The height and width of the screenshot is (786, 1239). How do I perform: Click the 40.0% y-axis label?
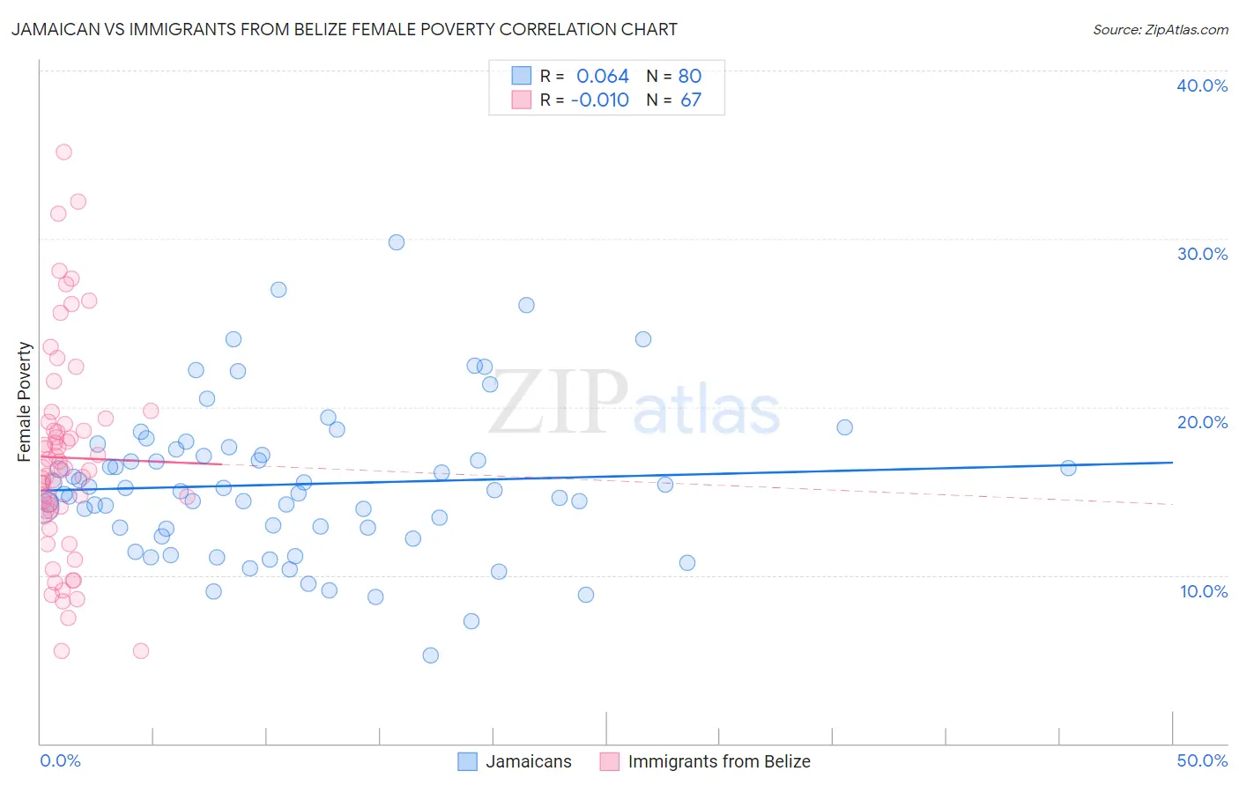[x=1202, y=85]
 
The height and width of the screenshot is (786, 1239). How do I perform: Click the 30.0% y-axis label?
[x=1202, y=254]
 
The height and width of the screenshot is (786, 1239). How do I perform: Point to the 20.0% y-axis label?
[x=1202, y=422]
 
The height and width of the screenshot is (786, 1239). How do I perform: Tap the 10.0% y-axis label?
[x=1202, y=591]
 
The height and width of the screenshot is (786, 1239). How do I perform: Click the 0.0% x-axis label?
[x=60, y=760]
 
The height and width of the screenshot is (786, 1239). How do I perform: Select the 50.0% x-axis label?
[x=1202, y=760]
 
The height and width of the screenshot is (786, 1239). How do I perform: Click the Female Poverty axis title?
[x=25, y=402]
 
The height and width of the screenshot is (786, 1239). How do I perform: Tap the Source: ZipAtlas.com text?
[x=1160, y=30]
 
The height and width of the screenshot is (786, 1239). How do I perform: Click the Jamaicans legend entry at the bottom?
[x=528, y=761]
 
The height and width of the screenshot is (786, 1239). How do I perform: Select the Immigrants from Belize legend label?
[x=718, y=761]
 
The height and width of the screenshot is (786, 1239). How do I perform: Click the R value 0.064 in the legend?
[x=603, y=76]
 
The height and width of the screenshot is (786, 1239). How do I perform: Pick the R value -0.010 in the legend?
[x=600, y=100]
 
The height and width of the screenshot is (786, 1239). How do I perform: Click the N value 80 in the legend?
[x=690, y=76]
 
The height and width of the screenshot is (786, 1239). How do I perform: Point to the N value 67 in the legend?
[x=690, y=100]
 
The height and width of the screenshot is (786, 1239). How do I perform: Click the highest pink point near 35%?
[x=63, y=152]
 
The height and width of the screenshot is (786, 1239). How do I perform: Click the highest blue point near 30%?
[x=397, y=242]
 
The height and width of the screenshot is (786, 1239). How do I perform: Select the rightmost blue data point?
[x=1068, y=468]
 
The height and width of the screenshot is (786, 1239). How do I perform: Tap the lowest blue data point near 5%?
[x=430, y=655]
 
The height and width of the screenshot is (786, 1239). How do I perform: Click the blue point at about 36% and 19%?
[x=844, y=427]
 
